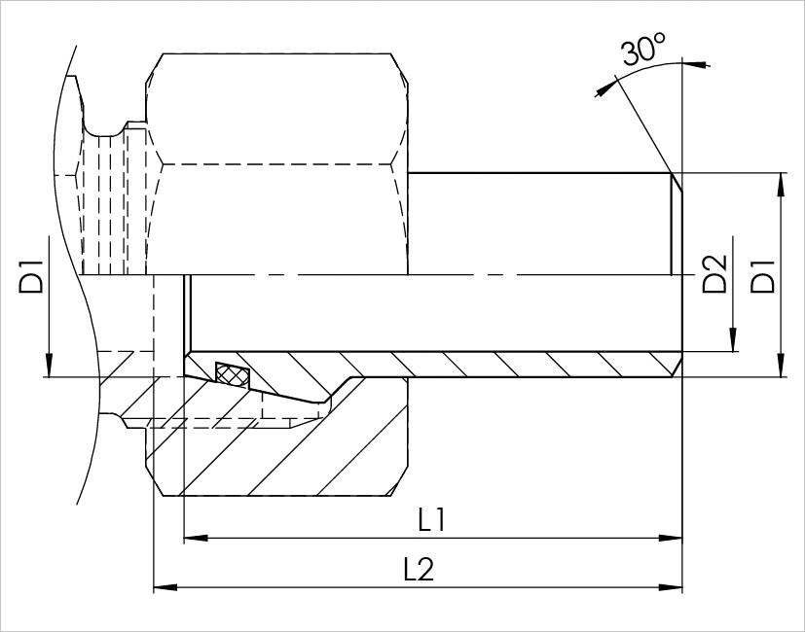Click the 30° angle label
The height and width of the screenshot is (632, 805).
(643, 49)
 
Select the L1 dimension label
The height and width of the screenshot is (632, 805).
(431, 520)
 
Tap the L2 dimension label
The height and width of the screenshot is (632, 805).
(419, 569)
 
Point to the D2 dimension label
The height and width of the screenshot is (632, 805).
(714, 273)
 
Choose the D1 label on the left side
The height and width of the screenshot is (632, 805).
(31, 276)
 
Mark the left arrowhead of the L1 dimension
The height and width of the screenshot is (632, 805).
(196, 538)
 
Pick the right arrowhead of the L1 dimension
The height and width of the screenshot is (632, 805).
(671, 538)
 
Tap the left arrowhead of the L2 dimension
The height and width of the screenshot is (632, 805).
(165, 587)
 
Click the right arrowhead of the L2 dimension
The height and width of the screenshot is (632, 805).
(671, 587)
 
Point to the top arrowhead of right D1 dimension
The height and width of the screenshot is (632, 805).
(781, 185)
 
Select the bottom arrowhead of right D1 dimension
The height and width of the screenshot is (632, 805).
(781, 366)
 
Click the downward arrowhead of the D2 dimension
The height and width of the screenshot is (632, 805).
(733, 339)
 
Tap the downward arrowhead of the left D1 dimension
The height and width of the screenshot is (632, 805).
(50, 366)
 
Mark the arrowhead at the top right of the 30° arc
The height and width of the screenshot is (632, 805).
(697, 64)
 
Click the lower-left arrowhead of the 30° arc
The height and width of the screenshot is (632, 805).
(606, 88)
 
